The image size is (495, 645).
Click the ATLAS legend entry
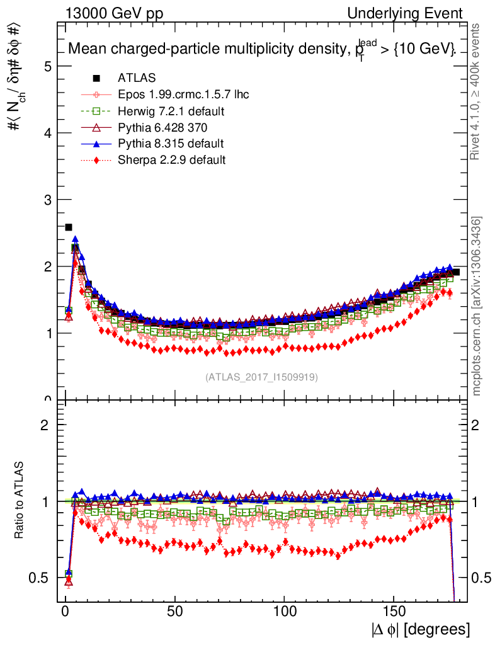click(x=134, y=78)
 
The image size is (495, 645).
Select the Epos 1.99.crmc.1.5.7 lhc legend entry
click(x=183, y=94)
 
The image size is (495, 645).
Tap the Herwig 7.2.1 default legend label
click(x=171, y=111)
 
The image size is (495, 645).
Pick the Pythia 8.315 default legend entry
click(x=171, y=144)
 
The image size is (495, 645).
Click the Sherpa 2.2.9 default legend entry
click(x=171, y=160)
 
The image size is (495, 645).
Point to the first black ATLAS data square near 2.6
click(x=69, y=227)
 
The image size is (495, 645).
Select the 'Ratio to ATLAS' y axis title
click(x=20, y=501)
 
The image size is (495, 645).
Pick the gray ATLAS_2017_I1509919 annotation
click(x=261, y=377)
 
